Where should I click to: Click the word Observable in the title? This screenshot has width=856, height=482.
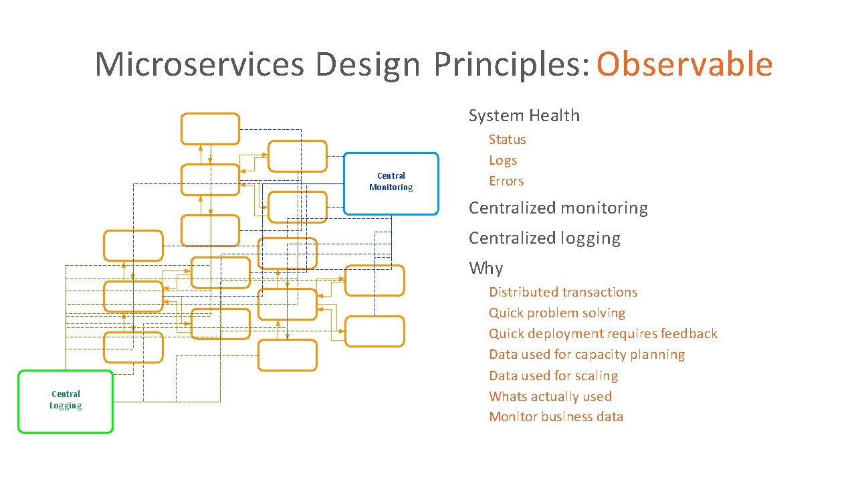point(684,64)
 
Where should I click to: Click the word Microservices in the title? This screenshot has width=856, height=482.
point(199,64)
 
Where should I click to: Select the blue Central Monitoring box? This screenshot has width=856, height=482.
point(391,183)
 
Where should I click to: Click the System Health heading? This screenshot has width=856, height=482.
point(524,116)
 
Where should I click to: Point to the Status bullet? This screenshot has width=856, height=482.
point(507,140)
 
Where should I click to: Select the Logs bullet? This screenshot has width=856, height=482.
point(503,161)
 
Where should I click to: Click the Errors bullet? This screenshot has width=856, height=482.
point(506,181)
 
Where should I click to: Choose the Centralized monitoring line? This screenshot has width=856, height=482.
point(558,208)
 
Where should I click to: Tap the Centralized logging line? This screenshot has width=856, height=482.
point(544,238)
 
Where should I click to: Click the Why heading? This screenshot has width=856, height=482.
point(486,268)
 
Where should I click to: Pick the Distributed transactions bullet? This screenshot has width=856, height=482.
point(563,293)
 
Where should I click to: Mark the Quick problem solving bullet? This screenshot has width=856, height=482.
point(557,313)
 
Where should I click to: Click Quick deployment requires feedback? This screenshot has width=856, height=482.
point(603,334)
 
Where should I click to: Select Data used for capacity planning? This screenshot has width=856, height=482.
point(586,355)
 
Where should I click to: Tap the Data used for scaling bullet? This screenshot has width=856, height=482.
point(553,376)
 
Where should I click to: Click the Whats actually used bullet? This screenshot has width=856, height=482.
point(550,396)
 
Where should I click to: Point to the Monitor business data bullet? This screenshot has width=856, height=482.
point(556,417)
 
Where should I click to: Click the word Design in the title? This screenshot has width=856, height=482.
point(367,64)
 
